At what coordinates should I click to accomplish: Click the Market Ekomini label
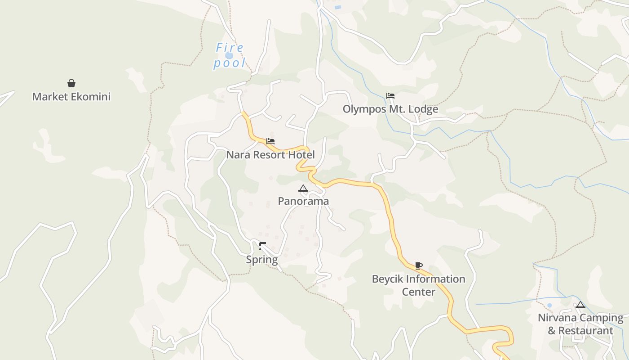(71, 97)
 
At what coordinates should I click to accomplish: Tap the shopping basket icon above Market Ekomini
(71, 83)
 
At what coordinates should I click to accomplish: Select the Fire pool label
(230, 55)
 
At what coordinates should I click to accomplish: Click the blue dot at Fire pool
(229, 55)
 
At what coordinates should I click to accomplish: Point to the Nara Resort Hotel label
(270, 155)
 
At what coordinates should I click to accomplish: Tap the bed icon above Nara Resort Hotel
(270, 141)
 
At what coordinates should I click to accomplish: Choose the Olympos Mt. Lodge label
(390, 109)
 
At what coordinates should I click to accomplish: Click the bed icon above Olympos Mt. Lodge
(390, 96)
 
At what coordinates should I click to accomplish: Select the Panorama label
(303, 201)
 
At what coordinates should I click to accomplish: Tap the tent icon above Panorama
(303, 188)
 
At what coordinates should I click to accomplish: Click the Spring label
(262, 260)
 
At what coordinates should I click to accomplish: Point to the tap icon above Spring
(262, 246)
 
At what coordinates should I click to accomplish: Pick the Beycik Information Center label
(419, 285)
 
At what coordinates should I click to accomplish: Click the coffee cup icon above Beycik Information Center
(419, 265)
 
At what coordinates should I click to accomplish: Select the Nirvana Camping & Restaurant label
(580, 324)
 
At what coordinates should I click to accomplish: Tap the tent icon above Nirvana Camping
(580, 305)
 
